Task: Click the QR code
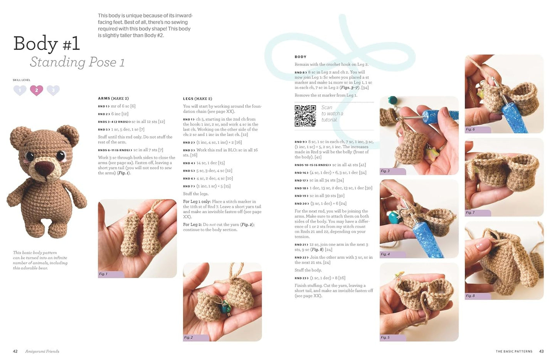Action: (x=305, y=116)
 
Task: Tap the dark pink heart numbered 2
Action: (x=37, y=90)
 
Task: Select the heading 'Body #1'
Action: (x=47, y=43)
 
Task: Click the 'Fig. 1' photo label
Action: (x=103, y=274)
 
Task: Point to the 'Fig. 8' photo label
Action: (x=470, y=296)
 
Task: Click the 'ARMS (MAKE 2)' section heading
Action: (x=113, y=99)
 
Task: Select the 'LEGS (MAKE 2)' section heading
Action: (x=197, y=99)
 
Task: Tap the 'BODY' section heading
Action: (x=300, y=57)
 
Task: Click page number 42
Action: (x=15, y=351)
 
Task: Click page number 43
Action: (x=541, y=351)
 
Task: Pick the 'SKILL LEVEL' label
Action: (x=21, y=80)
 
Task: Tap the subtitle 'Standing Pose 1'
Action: (x=77, y=62)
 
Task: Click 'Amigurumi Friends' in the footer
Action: (x=42, y=351)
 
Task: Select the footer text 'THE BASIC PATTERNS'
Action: (x=514, y=352)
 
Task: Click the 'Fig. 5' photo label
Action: (x=385, y=337)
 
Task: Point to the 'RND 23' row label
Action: (x=301, y=278)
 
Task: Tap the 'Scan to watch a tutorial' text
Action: (x=332, y=114)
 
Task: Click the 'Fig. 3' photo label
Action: (x=385, y=171)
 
